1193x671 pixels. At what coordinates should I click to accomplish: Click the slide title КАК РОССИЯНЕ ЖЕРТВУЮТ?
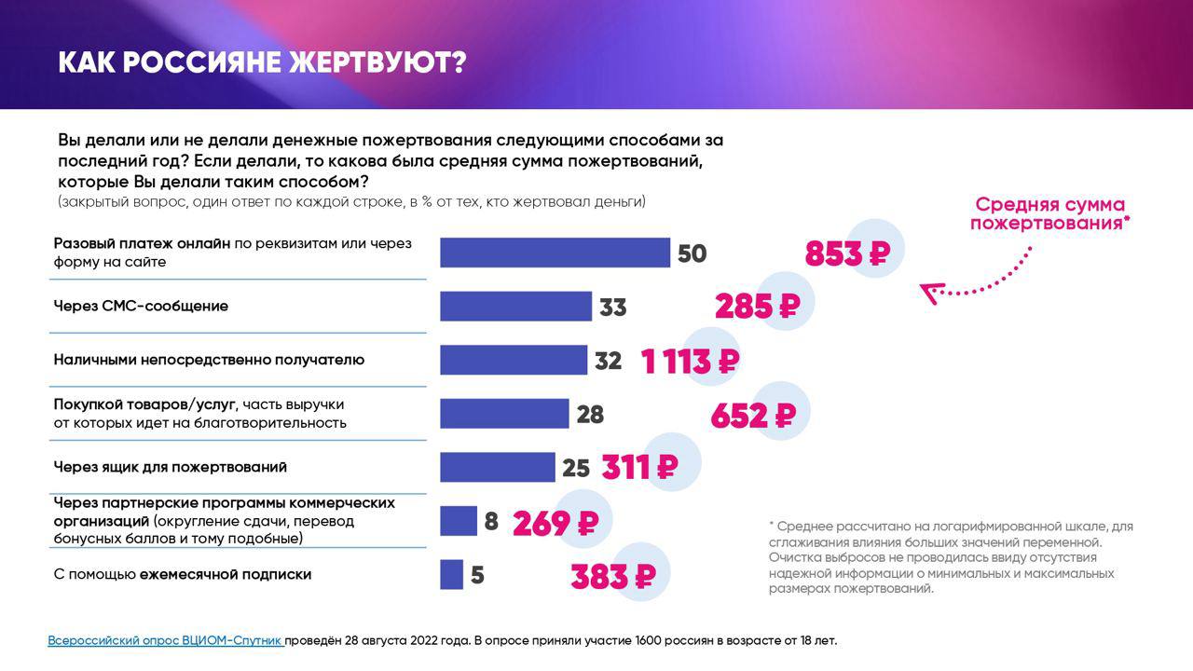262,62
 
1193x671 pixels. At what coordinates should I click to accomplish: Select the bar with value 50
555,253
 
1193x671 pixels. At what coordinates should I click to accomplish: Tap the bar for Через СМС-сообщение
515,307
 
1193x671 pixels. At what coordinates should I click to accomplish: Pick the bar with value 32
514,360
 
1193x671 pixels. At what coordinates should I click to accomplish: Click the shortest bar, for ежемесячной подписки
451,574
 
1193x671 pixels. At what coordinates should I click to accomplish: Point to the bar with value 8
458,521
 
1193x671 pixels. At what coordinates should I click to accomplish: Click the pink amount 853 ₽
848,253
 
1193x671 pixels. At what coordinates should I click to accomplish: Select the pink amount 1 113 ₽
691,361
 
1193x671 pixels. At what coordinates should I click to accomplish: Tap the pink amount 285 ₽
758,306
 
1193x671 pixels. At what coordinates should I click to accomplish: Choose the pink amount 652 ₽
753,415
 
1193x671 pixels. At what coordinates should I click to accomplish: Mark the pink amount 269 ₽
555,523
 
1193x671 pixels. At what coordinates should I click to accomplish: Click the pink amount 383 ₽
613,577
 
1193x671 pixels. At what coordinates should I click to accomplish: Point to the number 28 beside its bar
590,414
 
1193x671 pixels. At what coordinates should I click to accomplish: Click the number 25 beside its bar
576,468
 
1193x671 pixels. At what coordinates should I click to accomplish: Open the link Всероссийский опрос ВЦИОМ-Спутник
166,640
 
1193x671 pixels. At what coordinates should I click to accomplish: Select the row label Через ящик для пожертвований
170,467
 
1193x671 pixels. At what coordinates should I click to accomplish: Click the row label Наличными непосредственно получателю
209,360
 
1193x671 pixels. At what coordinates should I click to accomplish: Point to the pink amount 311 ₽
639,467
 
